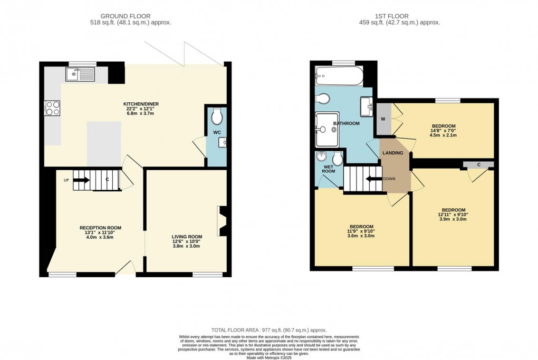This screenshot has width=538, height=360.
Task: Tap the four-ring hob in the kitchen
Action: [x=52, y=109]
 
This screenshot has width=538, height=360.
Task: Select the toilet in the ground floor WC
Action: [x=217, y=117]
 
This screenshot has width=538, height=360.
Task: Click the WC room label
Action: [x=217, y=132]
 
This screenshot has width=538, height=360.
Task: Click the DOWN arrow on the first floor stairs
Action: [x=374, y=179]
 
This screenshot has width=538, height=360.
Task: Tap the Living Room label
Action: [x=187, y=237]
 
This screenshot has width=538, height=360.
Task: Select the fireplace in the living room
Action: [x=222, y=221]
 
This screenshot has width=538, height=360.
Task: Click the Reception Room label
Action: [x=100, y=228]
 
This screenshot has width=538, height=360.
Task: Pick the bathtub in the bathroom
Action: [x=339, y=76]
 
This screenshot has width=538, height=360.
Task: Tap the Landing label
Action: [x=393, y=153]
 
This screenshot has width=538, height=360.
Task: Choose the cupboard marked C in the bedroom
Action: [x=478, y=165]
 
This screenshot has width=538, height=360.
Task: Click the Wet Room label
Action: [x=329, y=169]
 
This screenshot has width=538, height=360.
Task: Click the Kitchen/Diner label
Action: [x=141, y=104]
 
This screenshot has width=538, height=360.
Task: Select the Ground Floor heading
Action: [x=125, y=16]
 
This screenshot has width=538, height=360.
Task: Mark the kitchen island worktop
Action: [x=104, y=144]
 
